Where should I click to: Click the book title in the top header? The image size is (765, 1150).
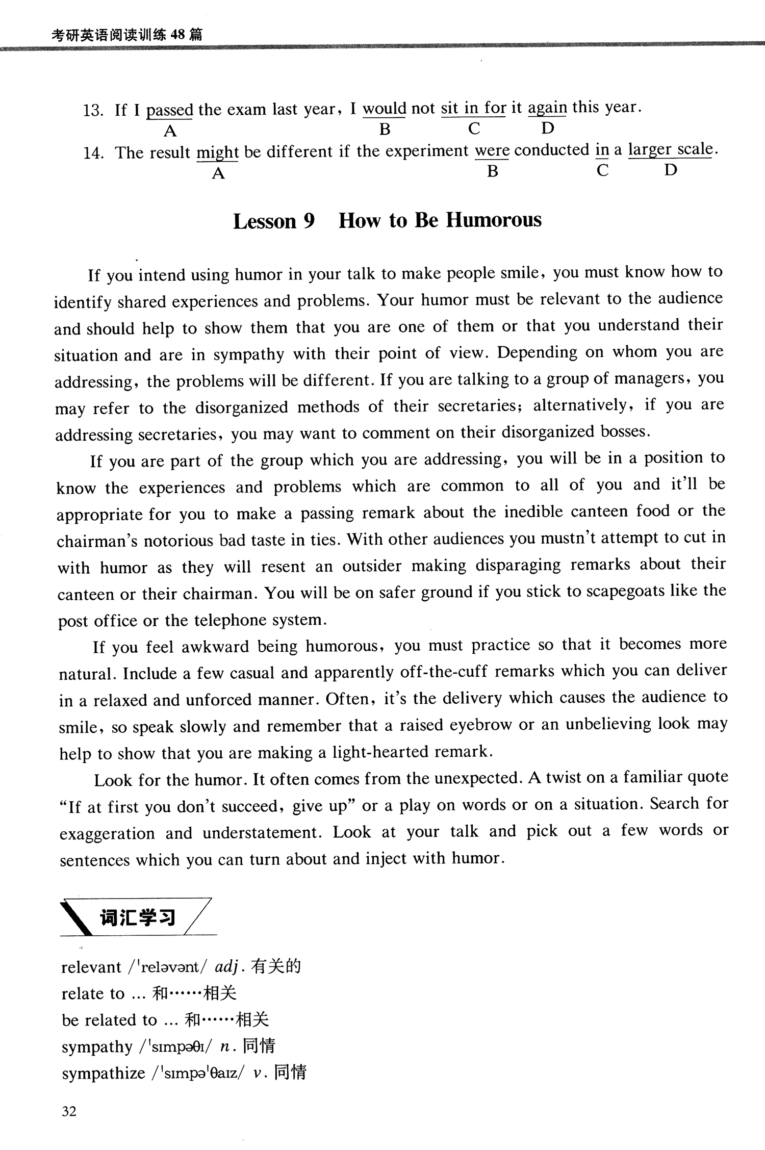click(127, 35)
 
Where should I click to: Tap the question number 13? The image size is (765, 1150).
click(93, 110)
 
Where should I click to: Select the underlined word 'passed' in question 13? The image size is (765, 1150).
click(170, 110)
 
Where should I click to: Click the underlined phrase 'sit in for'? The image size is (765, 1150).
click(473, 108)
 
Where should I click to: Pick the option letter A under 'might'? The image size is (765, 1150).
click(218, 174)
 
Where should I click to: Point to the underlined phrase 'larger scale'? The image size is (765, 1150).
click(670, 149)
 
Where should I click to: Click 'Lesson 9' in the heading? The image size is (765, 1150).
click(274, 221)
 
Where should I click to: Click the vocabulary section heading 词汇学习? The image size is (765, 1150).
click(137, 917)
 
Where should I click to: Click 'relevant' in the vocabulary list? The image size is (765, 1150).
click(91, 967)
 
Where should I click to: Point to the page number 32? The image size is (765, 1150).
click(69, 1111)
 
